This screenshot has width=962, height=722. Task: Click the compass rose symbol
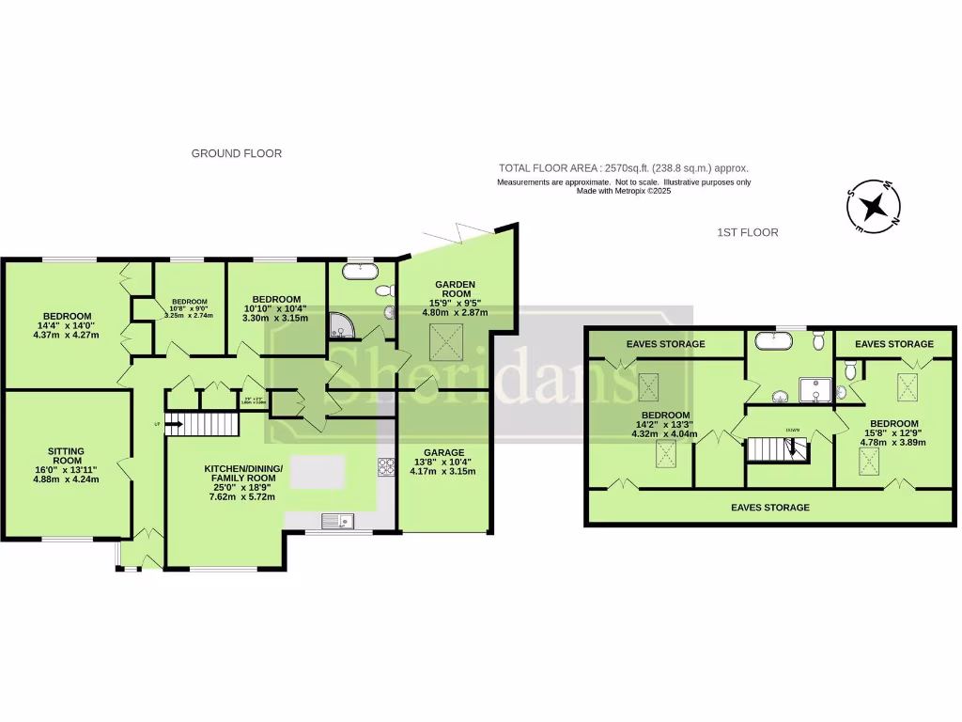pyautogui.click(x=874, y=205)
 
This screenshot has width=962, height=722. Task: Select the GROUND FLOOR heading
pyautogui.click(x=237, y=153)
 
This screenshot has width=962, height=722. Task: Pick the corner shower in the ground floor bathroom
pyautogui.click(x=339, y=326)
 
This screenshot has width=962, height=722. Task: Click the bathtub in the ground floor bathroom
pyautogui.click(x=359, y=272)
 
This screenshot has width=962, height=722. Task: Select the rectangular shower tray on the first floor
pyautogui.click(x=814, y=390)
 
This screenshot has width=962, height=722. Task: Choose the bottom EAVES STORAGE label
pyautogui.click(x=769, y=508)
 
